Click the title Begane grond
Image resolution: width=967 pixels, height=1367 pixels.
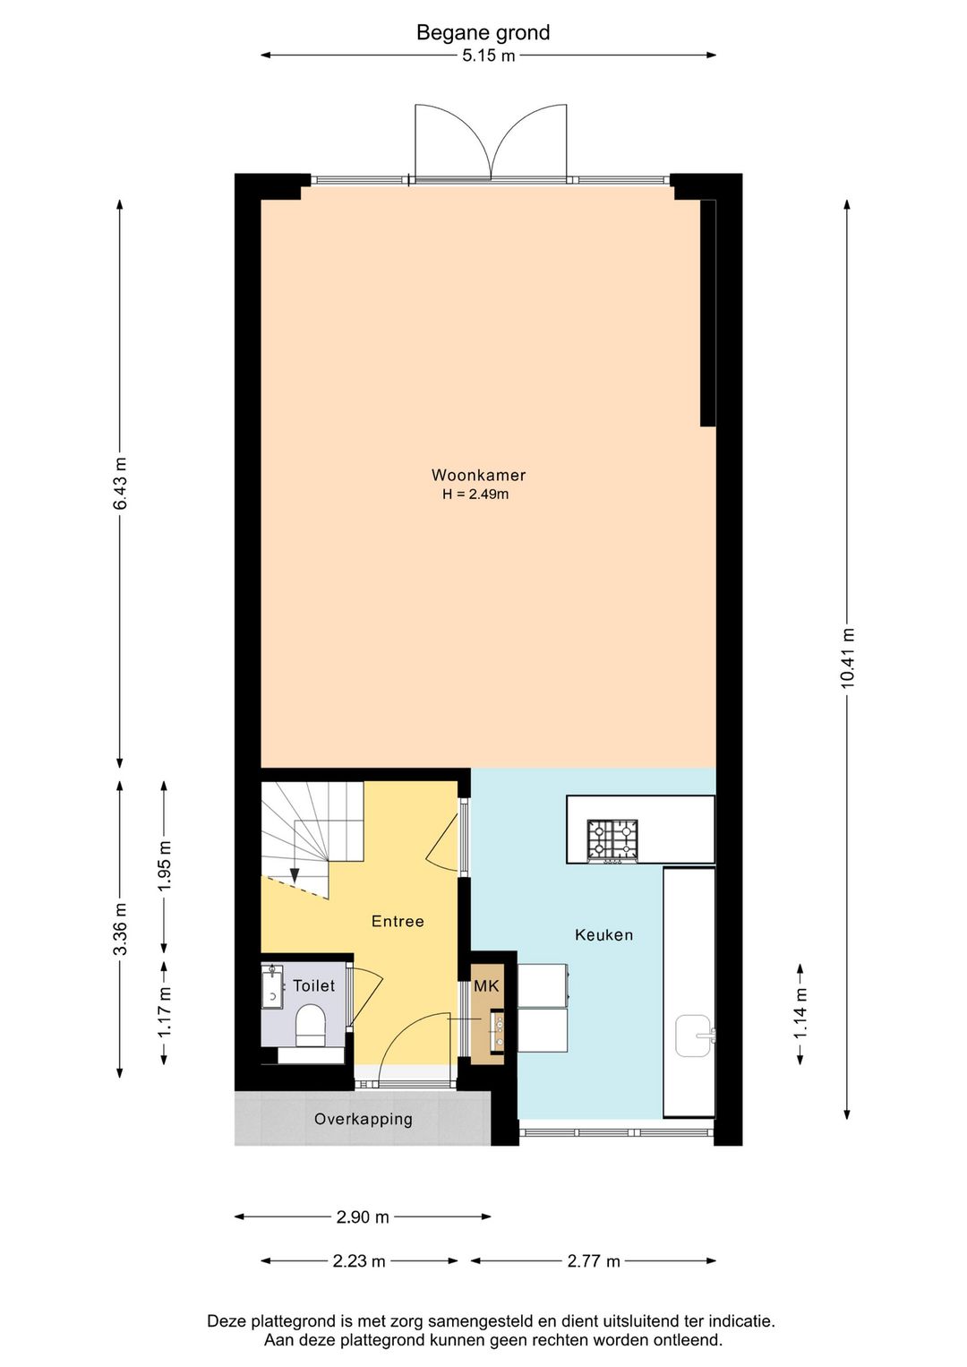click(483, 33)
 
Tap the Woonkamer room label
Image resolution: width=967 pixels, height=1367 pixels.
click(478, 475)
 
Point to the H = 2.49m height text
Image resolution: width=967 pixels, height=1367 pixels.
click(475, 494)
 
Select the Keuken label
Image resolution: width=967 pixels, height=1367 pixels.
click(603, 935)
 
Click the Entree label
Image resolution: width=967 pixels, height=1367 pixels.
click(398, 921)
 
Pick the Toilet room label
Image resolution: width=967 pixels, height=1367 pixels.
click(313, 985)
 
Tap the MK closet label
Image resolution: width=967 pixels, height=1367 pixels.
click(486, 985)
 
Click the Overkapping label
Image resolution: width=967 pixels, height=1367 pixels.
click(363, 1119)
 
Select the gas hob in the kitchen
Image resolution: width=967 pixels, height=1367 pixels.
click(612, 841)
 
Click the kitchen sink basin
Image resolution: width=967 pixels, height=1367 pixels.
click(694, 1036)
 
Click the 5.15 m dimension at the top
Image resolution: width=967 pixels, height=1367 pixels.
click(488, 56)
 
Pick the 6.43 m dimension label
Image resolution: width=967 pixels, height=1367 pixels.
click(120, 483)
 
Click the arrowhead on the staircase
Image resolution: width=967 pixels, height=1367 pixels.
click(295, 876)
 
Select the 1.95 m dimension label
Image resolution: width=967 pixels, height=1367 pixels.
click(164, 866)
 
